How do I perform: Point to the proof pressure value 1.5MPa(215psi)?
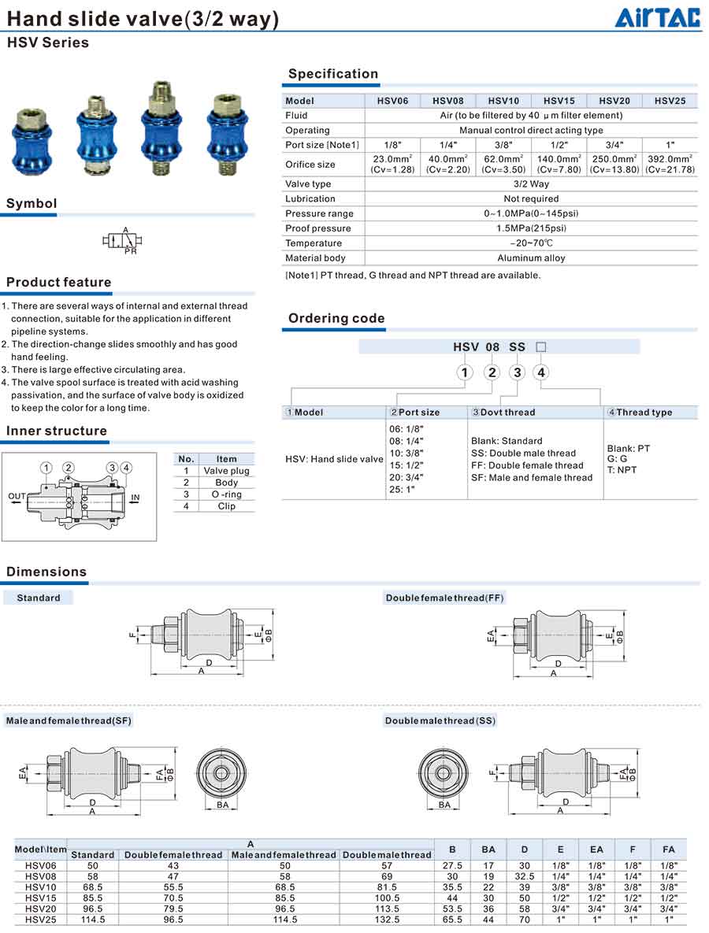coord(531,228)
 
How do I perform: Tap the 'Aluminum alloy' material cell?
coord(531,258)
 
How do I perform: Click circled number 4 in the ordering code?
coord(542,372)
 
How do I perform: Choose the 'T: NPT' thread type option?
coord(622,470)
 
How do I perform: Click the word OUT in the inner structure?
coord(17,496)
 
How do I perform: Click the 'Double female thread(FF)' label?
coord(444,598)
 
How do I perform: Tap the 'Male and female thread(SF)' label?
coord(69,721)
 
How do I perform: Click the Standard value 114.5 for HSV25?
coord(92,920)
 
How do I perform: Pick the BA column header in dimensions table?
coord(488,850)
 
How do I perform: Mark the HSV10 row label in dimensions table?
coord(40,887)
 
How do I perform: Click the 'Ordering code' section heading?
coord(336,319)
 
